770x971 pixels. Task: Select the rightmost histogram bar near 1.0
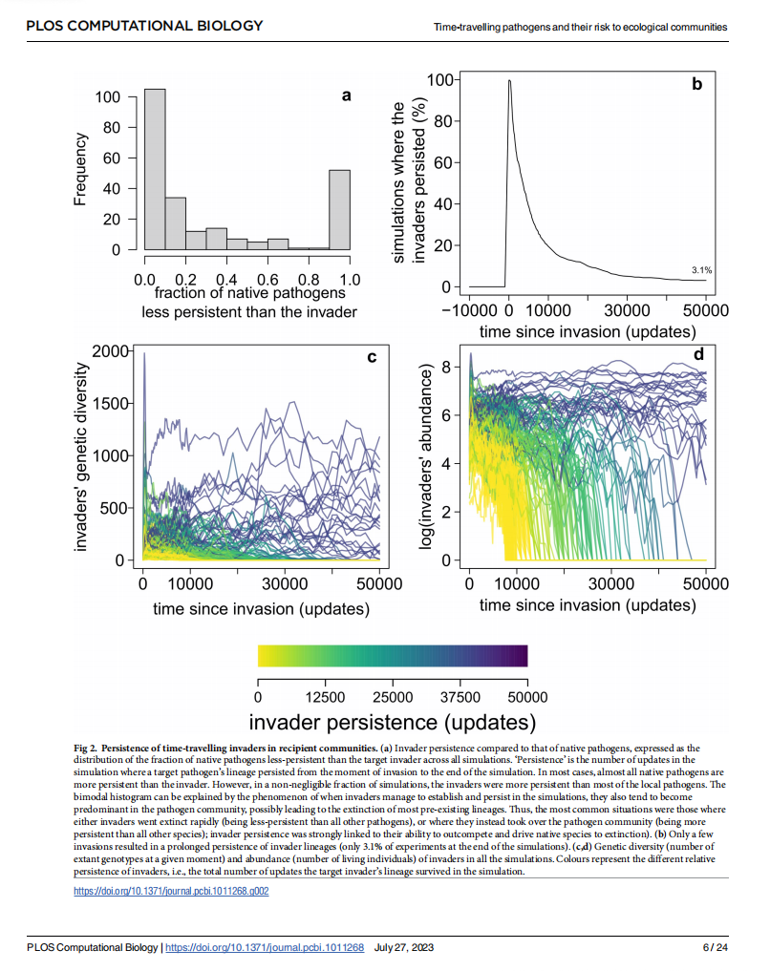[x=339, y=210]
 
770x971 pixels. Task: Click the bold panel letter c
[x=372, y=357]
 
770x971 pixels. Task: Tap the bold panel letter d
[x=698, y=354]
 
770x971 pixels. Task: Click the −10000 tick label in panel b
[x=473, y=311]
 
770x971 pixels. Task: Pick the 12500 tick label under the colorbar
[x=325, y=696]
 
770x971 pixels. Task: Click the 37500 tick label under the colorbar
[x=460, y=696]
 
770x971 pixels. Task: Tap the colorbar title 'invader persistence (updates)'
[x=392, y=721]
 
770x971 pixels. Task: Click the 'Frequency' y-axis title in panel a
[x=81, y=168]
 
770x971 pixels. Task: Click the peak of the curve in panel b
[x=509, y=81]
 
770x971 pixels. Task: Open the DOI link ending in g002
[x=171, y=891]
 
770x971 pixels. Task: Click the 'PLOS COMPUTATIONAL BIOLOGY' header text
[x=143, y=26]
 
